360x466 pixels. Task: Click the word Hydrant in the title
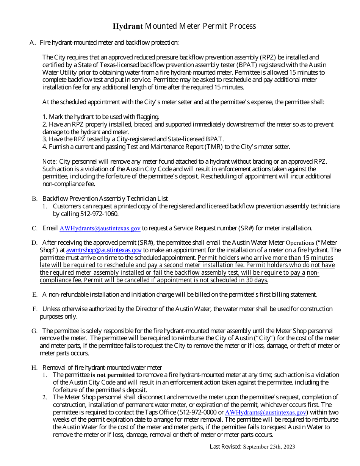tap(128, 26)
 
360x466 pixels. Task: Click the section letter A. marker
tap(32, 42)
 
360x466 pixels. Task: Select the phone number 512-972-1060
tap(99, 214)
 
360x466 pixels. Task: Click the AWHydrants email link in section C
tap(100, 228)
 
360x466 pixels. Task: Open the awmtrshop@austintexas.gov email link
tap(104, 250)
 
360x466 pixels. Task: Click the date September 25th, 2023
tap(269, 447)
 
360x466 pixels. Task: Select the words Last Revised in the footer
tap(225, 447)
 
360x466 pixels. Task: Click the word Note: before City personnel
tap(49, 162)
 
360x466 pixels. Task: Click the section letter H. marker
tap(34, 367)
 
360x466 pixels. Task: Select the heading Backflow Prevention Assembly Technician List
tap(105, 199)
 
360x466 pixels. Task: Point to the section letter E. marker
tap(34, 294)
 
